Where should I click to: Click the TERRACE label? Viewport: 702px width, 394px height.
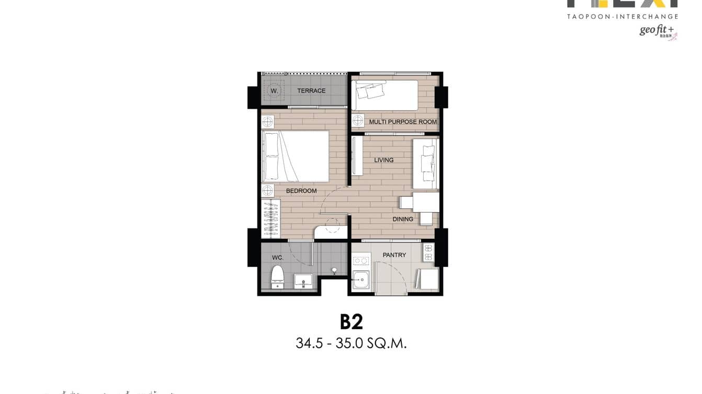click(x=311, y=91)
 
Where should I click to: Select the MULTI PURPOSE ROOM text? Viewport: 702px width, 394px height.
click(x=403, y=122)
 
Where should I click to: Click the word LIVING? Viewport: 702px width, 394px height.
click(x=383, y=160)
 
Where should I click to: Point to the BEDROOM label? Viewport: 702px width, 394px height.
click(x=301, y=191)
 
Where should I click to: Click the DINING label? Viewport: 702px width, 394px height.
click(x=403, y=219)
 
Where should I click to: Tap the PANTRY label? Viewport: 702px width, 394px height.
click(x=394, y=255)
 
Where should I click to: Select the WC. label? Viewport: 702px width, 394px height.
click(x=277, y=258)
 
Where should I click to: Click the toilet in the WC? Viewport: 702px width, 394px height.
click(x=277, y=277)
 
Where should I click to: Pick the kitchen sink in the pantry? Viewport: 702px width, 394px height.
click(x=360, y=280)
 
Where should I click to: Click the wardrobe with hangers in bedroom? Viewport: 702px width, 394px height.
click(x=270, y=218)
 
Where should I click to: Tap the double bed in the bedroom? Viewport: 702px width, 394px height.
click(x=296, y=156)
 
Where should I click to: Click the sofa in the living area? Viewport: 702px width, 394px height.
click(x=425, y=164)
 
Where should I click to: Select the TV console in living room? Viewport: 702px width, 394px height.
click(x=357, y=156)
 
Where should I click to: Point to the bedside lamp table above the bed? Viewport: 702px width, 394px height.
click(x=267, y=122)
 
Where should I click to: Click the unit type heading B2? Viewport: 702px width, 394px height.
click(x=351, y=322)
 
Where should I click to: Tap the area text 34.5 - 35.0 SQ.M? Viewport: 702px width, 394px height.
click(x=351, y=343)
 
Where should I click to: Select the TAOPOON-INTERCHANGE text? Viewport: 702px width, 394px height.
click(x=622, y=17)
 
